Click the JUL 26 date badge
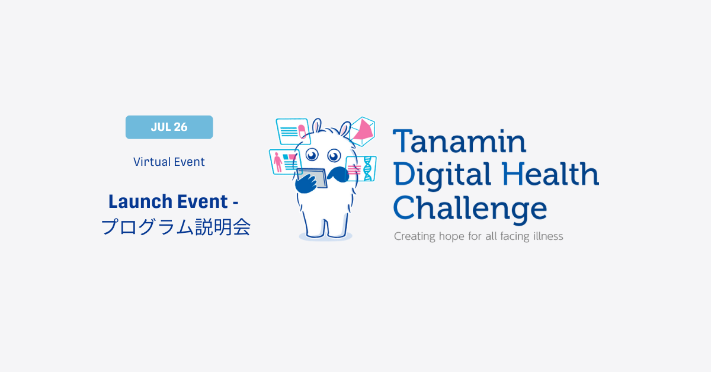[x=169, y=127]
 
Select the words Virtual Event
[x=169, y=162]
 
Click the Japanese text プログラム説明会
[x=176, y=227]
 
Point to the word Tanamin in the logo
[x=460, y=141]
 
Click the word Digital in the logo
[x=442, y=175]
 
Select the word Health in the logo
[x=550, y=174]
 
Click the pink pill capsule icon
[x=302, y=131]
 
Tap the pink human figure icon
[x=278, y=162]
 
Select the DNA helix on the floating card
[x=367, y=169]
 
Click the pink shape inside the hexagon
[x=363, y=130]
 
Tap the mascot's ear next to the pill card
[x=316, y=126]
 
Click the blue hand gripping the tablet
[x=306, y=184]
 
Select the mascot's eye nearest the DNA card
[x=334, y=156]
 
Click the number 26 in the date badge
[x=181, y=127]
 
